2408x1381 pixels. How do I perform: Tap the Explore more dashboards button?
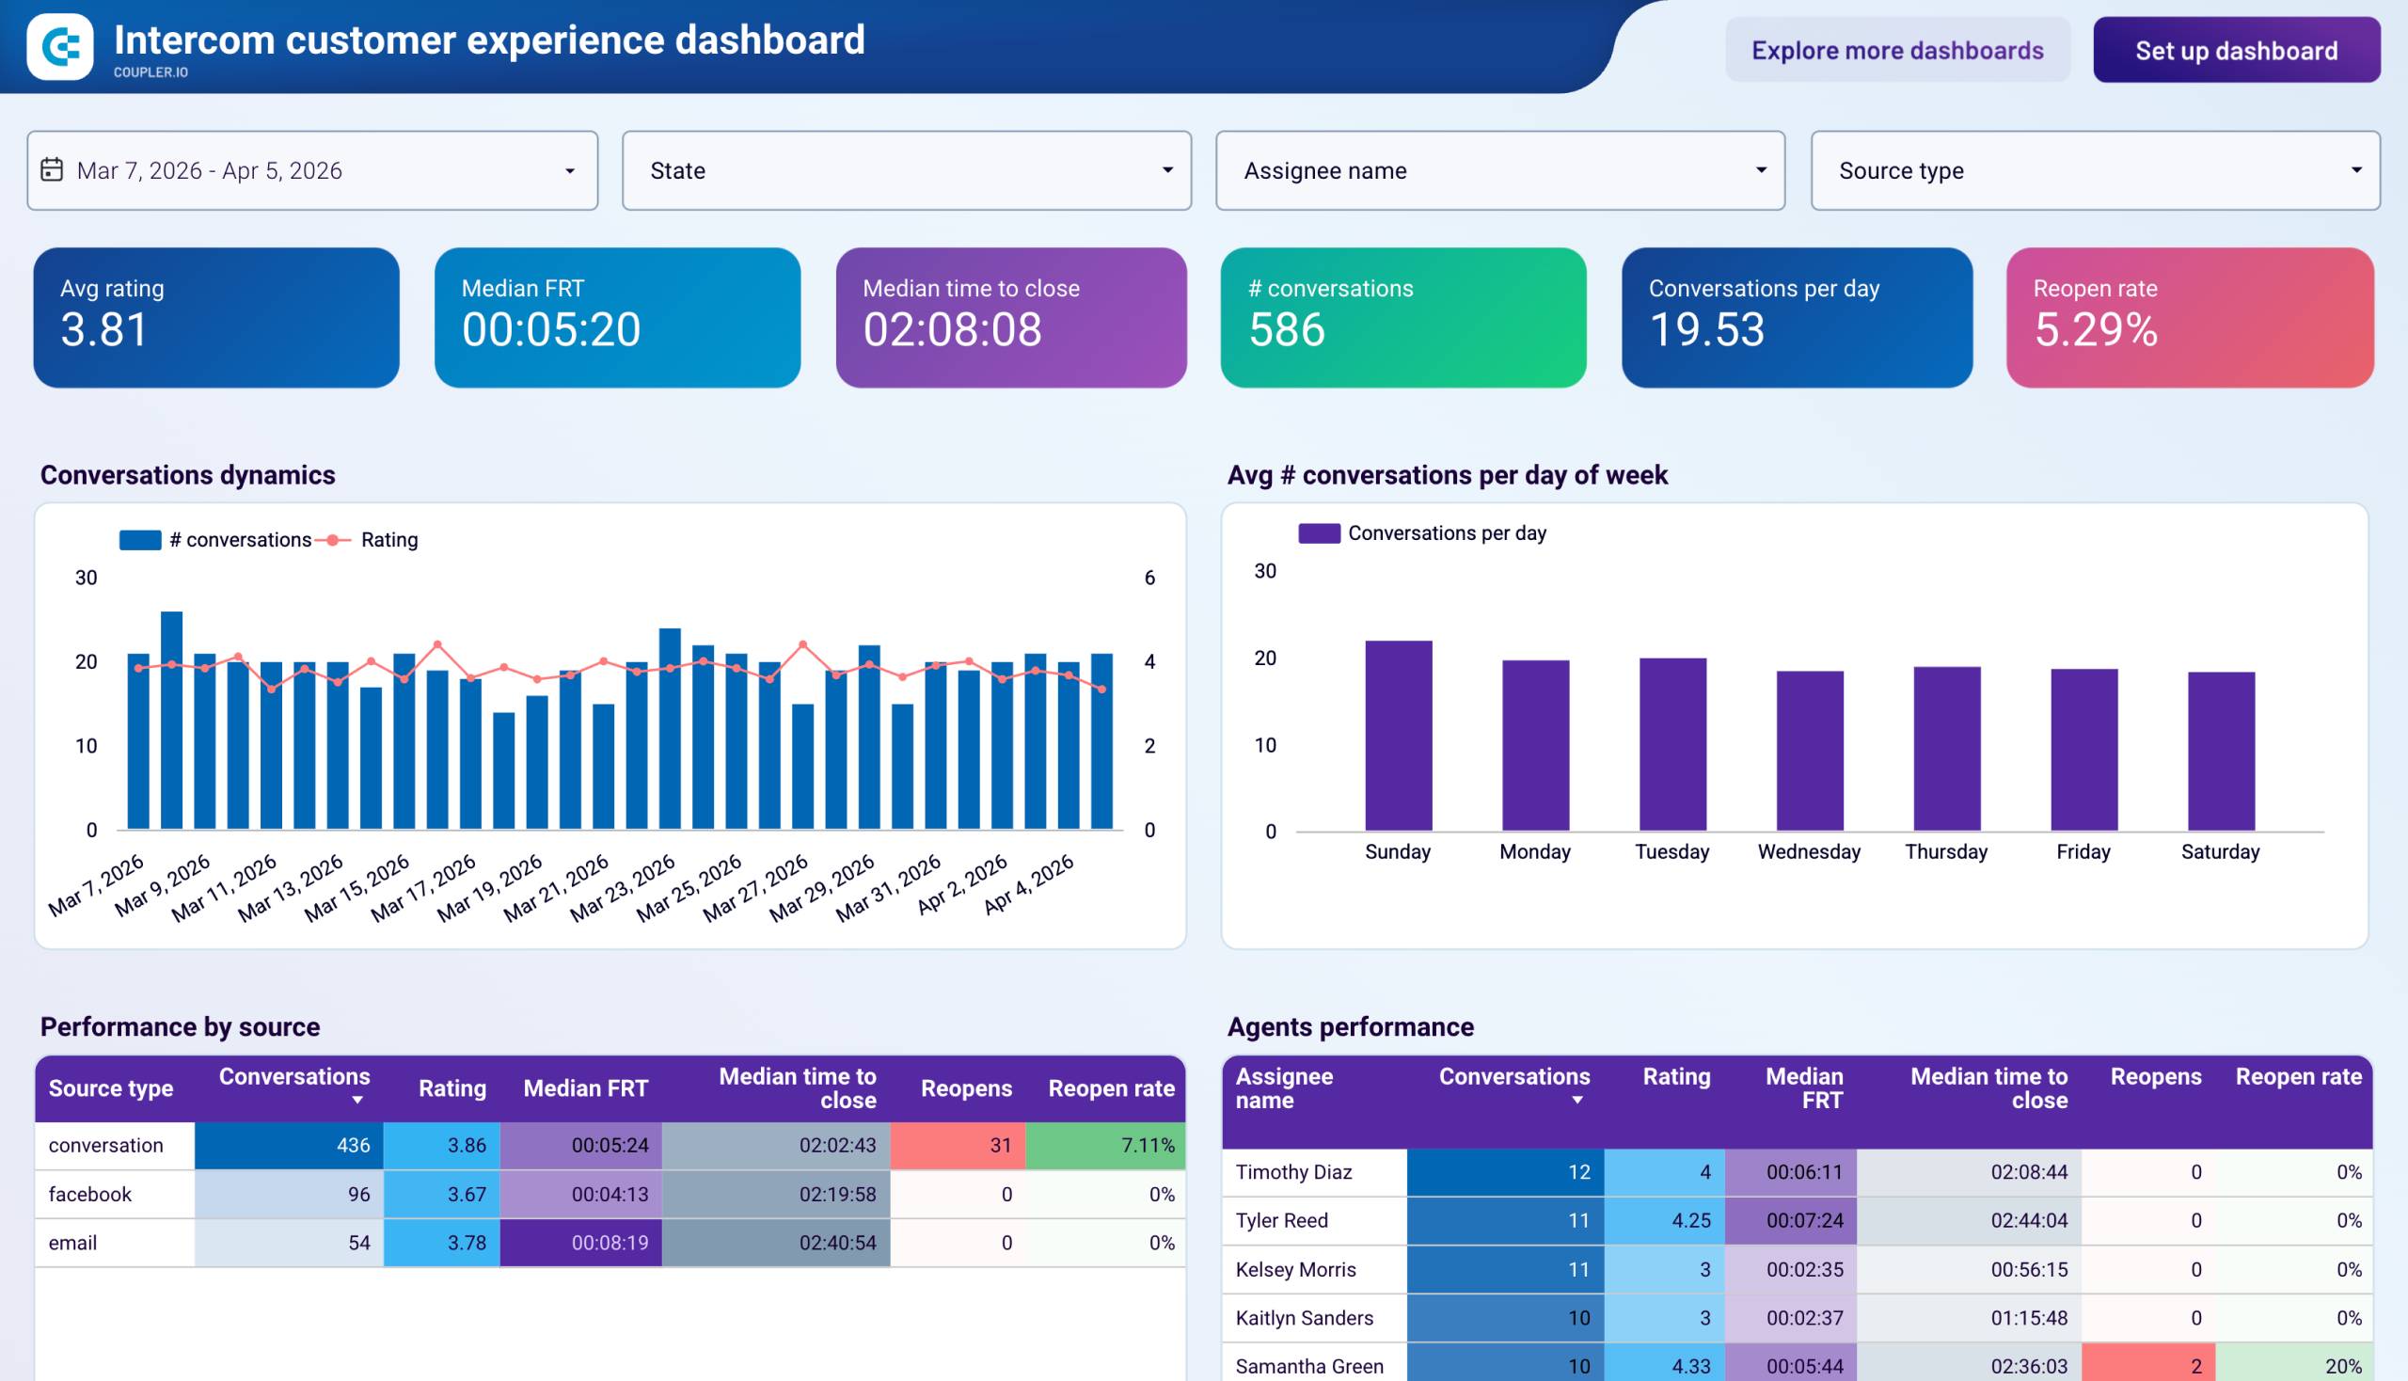pos(1897,50)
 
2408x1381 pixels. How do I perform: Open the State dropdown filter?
pos(906,170)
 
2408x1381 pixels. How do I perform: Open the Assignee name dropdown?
pos(1499,170)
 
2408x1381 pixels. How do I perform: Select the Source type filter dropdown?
pos(2094,170)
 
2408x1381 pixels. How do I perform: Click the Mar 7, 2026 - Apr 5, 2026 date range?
pos(312,170)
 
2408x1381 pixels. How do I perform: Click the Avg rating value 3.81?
pos(104,330)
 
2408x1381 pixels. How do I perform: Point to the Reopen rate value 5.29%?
pos(2095,330)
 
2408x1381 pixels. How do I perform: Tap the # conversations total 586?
pos(1286,330)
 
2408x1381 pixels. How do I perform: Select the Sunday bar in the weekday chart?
pos(1398,736)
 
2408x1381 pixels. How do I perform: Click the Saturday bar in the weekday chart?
pos(2220,752)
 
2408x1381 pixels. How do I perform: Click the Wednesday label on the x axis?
pos(1809,851)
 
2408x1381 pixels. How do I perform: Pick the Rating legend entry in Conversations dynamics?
pos(388,540)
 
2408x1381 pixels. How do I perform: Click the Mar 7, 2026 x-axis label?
pos(96,885)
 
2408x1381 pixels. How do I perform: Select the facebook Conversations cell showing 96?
pos(290,1194)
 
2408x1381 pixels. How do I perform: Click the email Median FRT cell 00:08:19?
pos(580,1243)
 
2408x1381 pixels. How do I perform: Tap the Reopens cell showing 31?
pos(957,1145)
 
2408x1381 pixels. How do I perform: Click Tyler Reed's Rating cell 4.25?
pos(1664,1221)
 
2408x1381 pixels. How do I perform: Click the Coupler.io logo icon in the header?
pos(60,46)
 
